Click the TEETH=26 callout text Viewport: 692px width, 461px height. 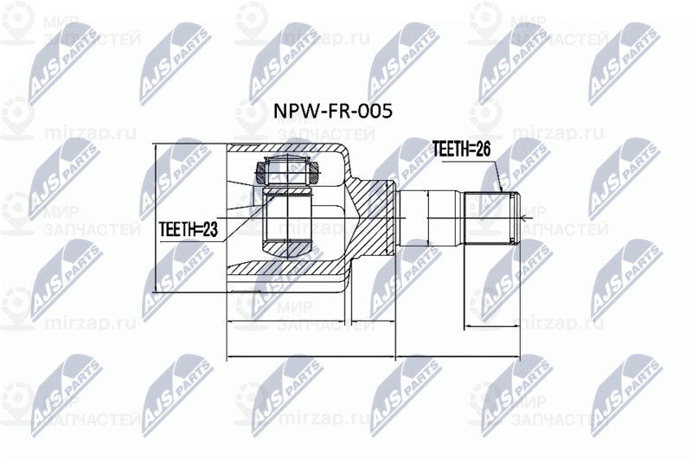click(x=462, y=150)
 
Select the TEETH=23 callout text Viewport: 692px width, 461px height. click(x=188, y=230)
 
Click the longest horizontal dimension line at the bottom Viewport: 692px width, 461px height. click(x=372, y=357)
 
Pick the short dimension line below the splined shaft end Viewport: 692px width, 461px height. click(x=493, y=328)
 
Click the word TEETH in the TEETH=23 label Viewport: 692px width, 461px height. click(x=176, y=230)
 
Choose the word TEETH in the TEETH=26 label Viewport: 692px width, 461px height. click(x=451, y=150)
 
